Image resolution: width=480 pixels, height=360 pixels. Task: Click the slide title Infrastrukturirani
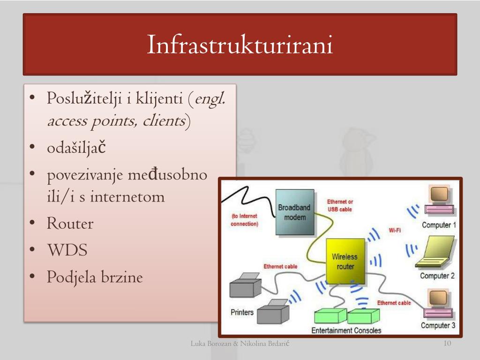pyautogui.click(x=240, y=45)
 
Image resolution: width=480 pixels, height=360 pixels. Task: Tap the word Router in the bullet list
pyautogui.click(x=70, y=223)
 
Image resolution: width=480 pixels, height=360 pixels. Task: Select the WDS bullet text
pyautogui.click(x=67, y=250)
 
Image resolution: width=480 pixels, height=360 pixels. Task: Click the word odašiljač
pyautogui.click(x=76, y=148)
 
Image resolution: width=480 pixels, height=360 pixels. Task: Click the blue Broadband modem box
pyautogui.click(x=295, y=212)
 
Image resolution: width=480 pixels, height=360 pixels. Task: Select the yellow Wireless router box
pyautogui.click(x=345, y=262)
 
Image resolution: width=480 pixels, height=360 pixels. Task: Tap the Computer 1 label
pyautogui.click(x=439, y=225)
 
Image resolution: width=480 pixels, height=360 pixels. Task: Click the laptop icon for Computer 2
pyautogui.click(x=435, y=252)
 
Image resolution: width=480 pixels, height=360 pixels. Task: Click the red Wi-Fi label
pyautogui.click(x=395, y=230)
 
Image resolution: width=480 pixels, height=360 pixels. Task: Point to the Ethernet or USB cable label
pyautogui.click(x=340, y=205)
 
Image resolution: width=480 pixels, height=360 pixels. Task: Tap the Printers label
pyautogui.click(x=242, y=312)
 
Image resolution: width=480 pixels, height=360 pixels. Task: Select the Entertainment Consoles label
pyautogui.click(x=346, y=330)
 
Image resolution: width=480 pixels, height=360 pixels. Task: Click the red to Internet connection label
pyautogui.click(x=244, y=220)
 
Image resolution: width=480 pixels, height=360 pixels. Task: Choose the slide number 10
pyautogui.click(x=447, y=343)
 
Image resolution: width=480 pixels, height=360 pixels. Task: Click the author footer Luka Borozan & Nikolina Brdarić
pyautogui.click(x=240, y=344)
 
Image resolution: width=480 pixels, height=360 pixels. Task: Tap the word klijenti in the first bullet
pyautogui.click(x=159, y=99)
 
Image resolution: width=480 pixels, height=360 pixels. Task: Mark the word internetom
pyautogui.click(x=127, y=196)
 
